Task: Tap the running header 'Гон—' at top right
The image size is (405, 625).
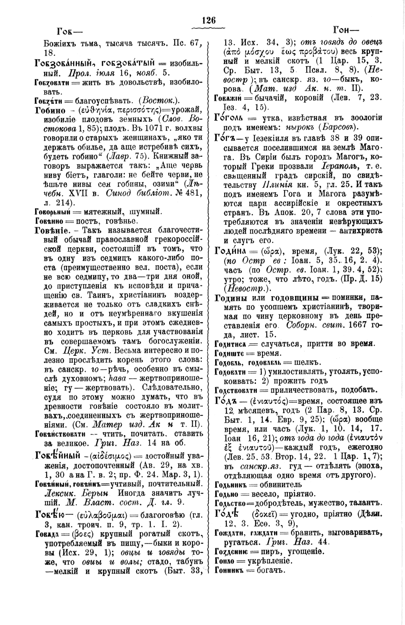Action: pos(345,30)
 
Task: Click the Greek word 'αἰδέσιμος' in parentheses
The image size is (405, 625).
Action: pos(110,456)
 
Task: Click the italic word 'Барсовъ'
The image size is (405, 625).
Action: pos(339,128)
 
